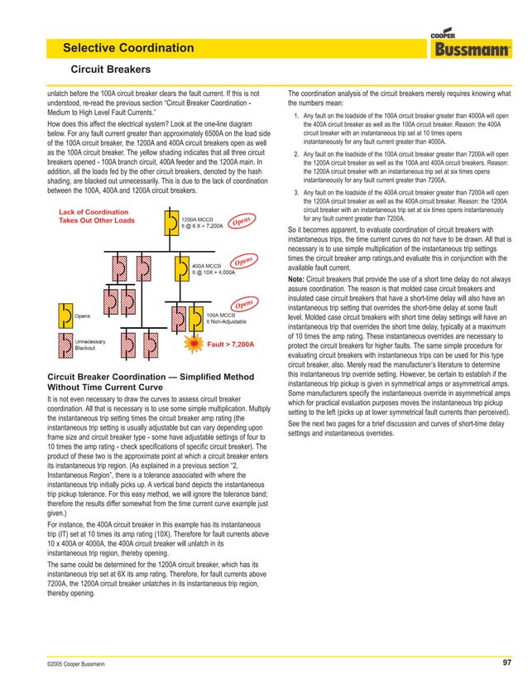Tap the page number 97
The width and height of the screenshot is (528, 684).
coord(506,662)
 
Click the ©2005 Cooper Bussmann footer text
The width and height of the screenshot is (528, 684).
coord(82,663)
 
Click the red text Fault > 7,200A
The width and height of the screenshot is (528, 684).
coord(230,343)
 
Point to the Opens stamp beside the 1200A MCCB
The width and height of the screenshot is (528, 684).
coord(242,222)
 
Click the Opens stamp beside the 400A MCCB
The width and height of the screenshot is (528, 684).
coord(242,262)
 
